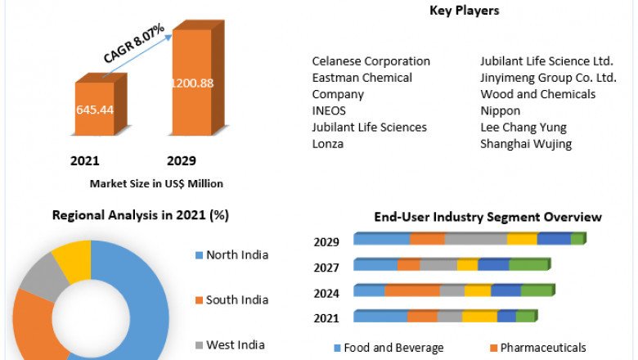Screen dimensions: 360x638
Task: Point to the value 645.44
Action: pyautogui.click(x=95, y=109)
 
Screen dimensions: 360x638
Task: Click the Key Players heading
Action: pyautogui.click(x=464, y=11)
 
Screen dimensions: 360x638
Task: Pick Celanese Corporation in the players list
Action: pyautogui.click(x=371, y=61)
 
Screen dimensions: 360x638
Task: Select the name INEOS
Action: pyautogui.click(x=329, y=110)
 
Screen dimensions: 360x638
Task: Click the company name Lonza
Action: pyautogui.click(x=328, y=144)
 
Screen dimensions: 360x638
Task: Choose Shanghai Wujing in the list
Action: pyautogui.click(x=526, y=144)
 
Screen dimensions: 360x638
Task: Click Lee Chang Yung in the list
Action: pyautogui.click(x=523, y=128)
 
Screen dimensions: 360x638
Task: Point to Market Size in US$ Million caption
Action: pyautogui.click(x=156, y=183)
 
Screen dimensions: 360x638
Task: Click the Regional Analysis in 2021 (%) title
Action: pyautogui.click(x=140, y=215)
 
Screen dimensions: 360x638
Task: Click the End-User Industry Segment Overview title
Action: pyautogui.click(x=487, y=217)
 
